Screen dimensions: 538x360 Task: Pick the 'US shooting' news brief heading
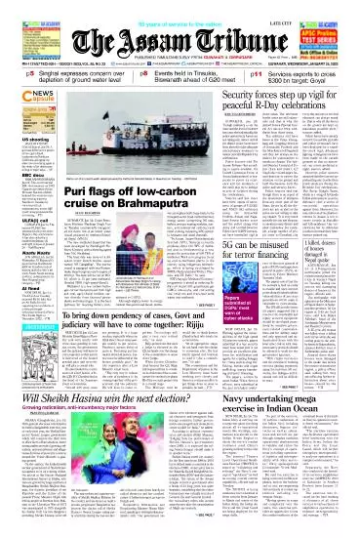click(17, 112)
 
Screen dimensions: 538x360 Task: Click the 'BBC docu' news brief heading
click(15, 152)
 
